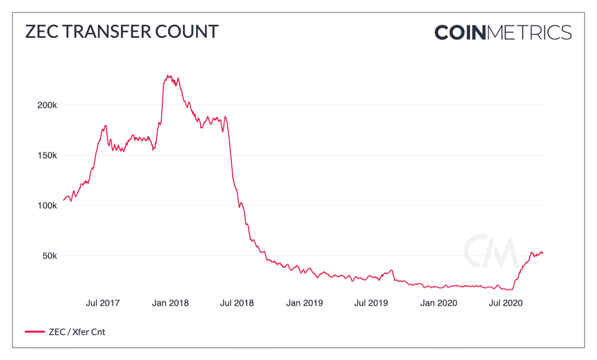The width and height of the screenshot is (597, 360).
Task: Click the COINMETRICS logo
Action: coord(503,32)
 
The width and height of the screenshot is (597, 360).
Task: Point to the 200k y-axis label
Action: coord(48,105)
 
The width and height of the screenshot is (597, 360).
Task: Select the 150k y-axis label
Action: coord(48,155)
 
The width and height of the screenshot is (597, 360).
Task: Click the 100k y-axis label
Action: coord(48,205)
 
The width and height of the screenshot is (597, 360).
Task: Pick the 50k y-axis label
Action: coord(50,256)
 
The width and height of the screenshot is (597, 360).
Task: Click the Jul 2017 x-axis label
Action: coord(103,302)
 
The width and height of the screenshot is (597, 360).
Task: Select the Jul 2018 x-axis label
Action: coord(237,302)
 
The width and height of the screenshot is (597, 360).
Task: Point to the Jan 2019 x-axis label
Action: coord(305,302)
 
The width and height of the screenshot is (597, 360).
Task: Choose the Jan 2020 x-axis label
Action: coord(439,302)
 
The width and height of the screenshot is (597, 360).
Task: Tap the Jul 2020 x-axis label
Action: coord(505,302)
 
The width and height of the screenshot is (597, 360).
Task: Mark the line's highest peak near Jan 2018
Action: coord(168,76)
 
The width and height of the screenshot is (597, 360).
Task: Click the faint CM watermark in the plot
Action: coord(490,251)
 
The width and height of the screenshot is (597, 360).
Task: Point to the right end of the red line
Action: coord(543,253)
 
